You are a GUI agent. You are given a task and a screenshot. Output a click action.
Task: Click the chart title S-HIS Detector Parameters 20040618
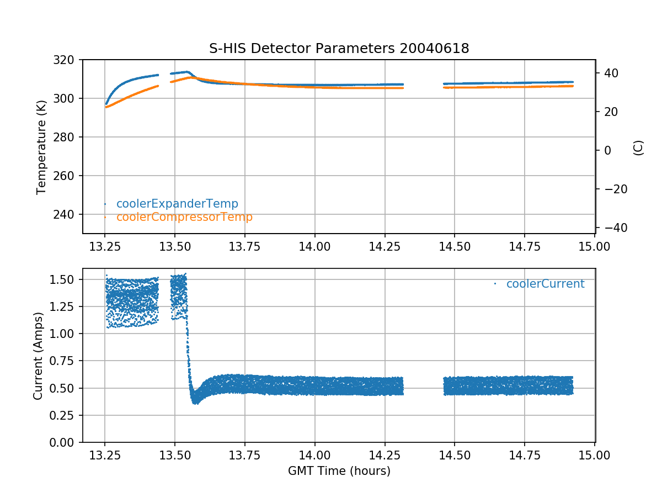tap(339, 49)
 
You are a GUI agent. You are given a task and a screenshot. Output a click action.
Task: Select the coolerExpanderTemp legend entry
tap(177, 204)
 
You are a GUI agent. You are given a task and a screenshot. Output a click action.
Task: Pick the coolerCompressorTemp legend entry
tap(184, 217)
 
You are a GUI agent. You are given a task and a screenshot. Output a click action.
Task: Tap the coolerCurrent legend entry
tap(545, 284)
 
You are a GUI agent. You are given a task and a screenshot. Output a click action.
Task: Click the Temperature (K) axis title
tap(41, 146)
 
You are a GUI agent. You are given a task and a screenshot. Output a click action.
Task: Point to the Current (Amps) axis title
tap(38, 355)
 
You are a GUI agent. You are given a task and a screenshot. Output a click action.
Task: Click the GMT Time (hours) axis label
tap(339, 471)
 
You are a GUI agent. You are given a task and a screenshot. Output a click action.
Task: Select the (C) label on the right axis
tap(638, 147)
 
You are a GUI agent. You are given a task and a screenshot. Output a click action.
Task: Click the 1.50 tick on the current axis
tap(64, 279)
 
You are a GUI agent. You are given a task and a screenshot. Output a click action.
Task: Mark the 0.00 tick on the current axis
tap(64, 442)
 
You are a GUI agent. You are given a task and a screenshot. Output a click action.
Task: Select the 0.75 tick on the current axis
tap(64, 361)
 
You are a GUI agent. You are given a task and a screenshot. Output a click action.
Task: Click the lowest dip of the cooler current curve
tap(195, 403)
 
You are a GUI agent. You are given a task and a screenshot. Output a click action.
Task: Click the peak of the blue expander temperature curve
tap(188, 72)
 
